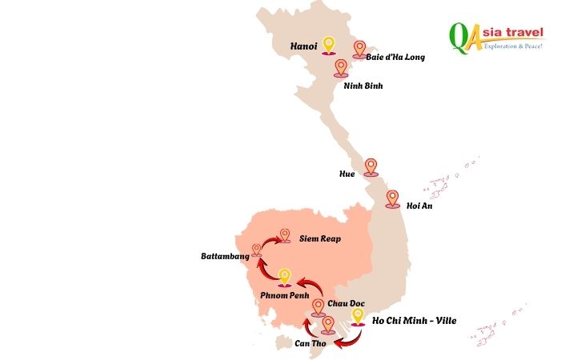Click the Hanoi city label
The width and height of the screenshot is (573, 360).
click(x=305, y=47)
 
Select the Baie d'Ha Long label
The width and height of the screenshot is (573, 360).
click(x=395, y=58)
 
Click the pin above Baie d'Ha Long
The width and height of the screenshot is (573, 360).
click(x=360, y=50)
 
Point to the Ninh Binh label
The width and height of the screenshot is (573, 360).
click(x=363, y=86)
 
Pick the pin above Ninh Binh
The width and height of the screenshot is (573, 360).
click(x=342, y=68)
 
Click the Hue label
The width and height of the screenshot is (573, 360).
click(x=347, y=172)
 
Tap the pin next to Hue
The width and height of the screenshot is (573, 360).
click(x=371, y=166)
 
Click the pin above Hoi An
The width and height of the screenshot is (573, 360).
click(x=392, y=198)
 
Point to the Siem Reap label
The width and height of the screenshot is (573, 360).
click(x=320, y=238)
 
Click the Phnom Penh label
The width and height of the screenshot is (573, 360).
click(x=284, y=296)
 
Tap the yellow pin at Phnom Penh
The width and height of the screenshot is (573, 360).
click(x=284, y=277)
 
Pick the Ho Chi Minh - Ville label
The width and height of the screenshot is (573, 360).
click(x=414, y=322)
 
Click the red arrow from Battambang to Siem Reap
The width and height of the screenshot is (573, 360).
click(x=266, y=240)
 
